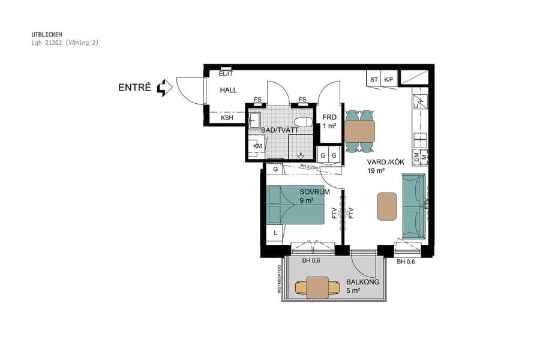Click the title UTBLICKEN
click(x=47, y=34)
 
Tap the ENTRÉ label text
click(x=135, y=88)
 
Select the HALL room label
click(x=228, y=90)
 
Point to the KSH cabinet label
click(x=227, y=118)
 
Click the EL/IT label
click(x=226, y=73)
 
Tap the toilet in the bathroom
click(x=304, y=122)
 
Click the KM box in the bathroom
click(x=257, y=146)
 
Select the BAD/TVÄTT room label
click(x=279, y=130)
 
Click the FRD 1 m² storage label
click(x=329, y=122)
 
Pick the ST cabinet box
click(x=374, y=79)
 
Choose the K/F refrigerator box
click(x=389, y=79)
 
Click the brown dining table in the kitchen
click(x=359, y=130)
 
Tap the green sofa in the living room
click(x=413, y=206)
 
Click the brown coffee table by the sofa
click(x=387, y=206)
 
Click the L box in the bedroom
click(x=275, y=232)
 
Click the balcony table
click(x=317, y=287)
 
